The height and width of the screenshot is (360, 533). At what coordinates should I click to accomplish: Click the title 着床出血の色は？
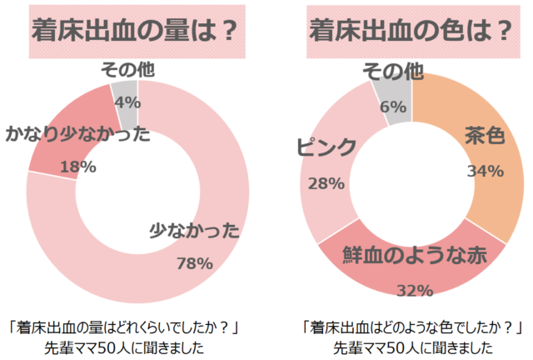point(411,30)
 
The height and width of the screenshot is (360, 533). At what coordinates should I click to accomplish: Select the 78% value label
point(195,263)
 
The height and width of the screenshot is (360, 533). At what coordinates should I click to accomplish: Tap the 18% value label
point(78,167)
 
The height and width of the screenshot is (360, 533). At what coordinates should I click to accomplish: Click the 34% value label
point(485,171)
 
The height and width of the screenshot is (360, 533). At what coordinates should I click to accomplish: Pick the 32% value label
point(413,290)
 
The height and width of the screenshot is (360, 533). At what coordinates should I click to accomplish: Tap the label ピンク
point(326,147)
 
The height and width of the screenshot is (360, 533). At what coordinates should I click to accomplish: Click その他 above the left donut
point(127,70)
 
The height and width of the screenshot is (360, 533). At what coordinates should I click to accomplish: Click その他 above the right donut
point(395,72)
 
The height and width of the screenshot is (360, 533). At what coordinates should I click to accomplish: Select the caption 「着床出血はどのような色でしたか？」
point(413,326)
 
